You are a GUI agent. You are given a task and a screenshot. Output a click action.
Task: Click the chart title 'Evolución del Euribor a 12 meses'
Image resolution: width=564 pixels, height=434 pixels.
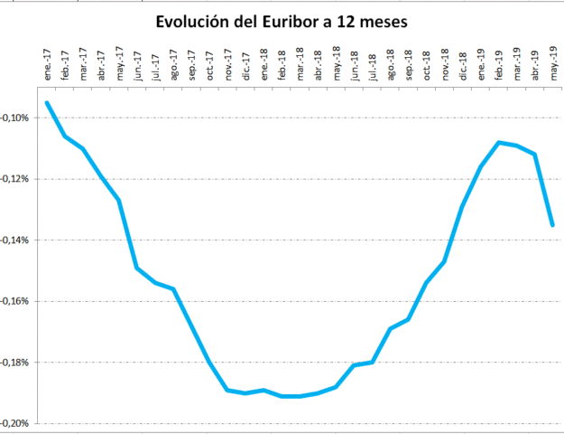coord(282,21)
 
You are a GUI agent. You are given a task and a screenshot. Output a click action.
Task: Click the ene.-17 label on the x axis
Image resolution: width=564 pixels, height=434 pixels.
coord(47,69)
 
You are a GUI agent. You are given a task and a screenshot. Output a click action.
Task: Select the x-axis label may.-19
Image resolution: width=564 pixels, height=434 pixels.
coord(553,67)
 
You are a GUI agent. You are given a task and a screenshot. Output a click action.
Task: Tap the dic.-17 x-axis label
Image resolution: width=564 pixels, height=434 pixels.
coord(245,69)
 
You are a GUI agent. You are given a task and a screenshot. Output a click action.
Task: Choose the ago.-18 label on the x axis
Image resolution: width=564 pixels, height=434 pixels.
coord(390,69)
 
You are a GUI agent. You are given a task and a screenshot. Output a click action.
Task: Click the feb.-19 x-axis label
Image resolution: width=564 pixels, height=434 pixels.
coord(499,69)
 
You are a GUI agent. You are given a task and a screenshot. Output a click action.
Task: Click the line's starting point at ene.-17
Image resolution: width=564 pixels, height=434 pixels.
coord(47,103)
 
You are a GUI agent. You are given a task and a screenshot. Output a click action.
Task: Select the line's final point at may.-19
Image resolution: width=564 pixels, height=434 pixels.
coord(552,225)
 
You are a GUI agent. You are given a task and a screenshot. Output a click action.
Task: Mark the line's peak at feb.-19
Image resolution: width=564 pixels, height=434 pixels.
coord(498,142)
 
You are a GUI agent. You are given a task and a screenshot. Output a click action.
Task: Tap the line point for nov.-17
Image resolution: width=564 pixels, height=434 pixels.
coord(227,390)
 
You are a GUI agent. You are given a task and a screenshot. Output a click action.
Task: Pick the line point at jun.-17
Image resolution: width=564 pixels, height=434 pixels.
coord(137,268)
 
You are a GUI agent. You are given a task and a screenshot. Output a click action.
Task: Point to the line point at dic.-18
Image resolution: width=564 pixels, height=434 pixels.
coord(462,206)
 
